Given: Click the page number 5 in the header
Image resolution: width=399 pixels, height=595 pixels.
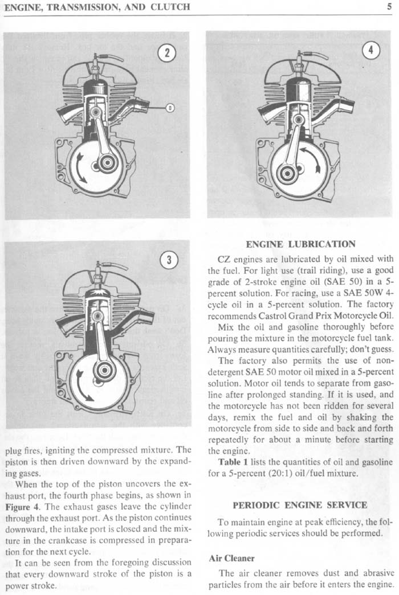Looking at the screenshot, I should [x=393, y=8].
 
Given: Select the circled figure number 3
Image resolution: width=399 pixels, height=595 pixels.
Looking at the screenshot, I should [x=169, y=261].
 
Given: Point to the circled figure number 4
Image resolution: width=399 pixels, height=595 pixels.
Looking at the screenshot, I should [x=371, y=51].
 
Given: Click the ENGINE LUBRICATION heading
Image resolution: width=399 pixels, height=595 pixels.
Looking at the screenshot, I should [x=300, y=244].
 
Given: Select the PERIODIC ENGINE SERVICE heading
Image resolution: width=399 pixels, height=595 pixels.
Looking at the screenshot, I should [x=300, y=504].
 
